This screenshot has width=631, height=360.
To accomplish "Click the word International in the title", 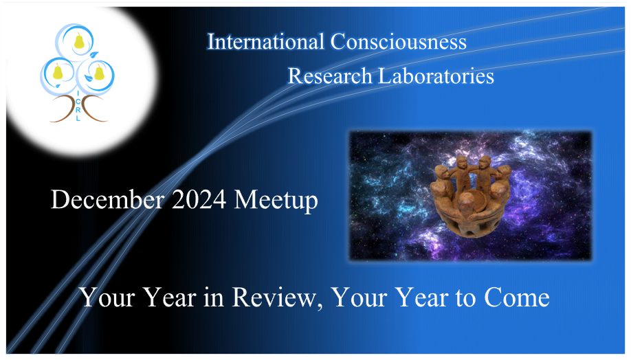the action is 265,42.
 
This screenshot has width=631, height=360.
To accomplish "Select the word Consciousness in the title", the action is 399,42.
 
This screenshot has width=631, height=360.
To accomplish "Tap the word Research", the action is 330,76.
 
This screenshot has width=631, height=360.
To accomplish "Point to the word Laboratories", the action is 436,76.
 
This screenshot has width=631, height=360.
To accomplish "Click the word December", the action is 108,199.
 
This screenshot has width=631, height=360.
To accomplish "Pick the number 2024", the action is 199,199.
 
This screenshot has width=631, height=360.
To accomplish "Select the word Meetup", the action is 276,201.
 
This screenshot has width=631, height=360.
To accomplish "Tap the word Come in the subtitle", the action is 517,298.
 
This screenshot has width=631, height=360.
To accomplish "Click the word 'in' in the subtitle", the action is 213,298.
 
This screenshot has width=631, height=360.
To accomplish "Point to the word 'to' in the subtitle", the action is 465,300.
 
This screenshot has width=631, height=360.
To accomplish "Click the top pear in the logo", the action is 79,41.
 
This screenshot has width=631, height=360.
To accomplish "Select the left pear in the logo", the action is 58,71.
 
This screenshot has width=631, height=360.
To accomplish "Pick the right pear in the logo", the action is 99,72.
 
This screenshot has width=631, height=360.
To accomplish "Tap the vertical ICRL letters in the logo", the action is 78,106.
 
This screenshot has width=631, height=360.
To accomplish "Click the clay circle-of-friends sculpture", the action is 470,196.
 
